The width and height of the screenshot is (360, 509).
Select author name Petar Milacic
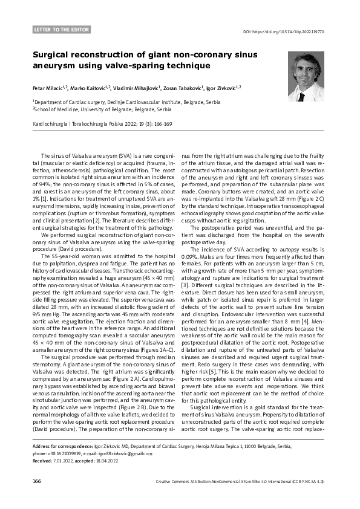click(50, 88)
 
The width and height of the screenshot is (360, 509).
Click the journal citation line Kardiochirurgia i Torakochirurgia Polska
click(102, 124)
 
